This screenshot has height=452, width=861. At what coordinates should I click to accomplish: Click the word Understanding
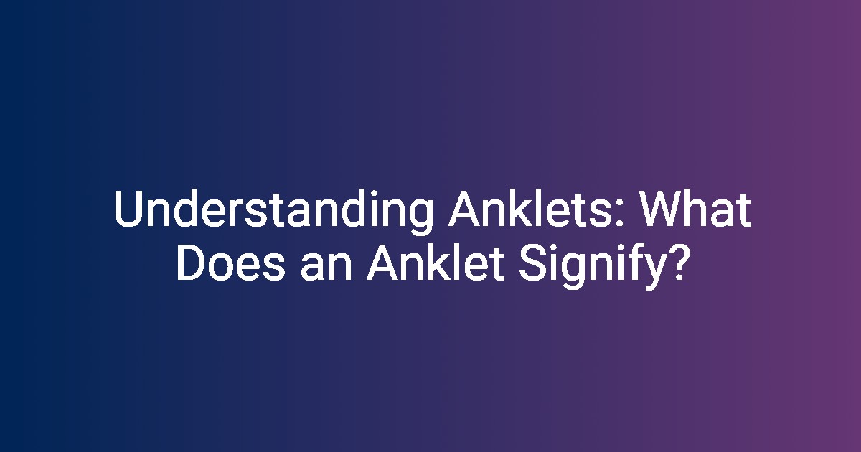pos(273,212)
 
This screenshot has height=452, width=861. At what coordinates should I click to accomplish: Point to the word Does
pos(231,263)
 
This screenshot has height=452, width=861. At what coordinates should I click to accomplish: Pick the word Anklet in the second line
pos(436,263)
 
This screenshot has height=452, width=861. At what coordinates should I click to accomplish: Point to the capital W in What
pos(659,209)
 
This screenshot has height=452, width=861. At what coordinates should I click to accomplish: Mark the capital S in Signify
pos(532,263)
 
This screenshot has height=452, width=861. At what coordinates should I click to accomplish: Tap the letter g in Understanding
pos(421,217)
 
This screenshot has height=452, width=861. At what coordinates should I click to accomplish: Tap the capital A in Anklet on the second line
pos(384,263)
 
